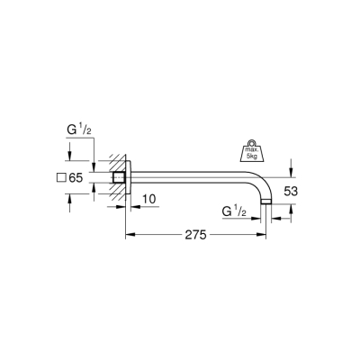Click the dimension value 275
[x=195, y=235]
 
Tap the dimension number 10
[x=149, y=197]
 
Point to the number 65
[x=76, y=178]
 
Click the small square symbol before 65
[x=60, y=178]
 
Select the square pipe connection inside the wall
[x=117, y=178]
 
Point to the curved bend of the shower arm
[x=261, y=184]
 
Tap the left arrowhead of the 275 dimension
[x=127, y=235]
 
